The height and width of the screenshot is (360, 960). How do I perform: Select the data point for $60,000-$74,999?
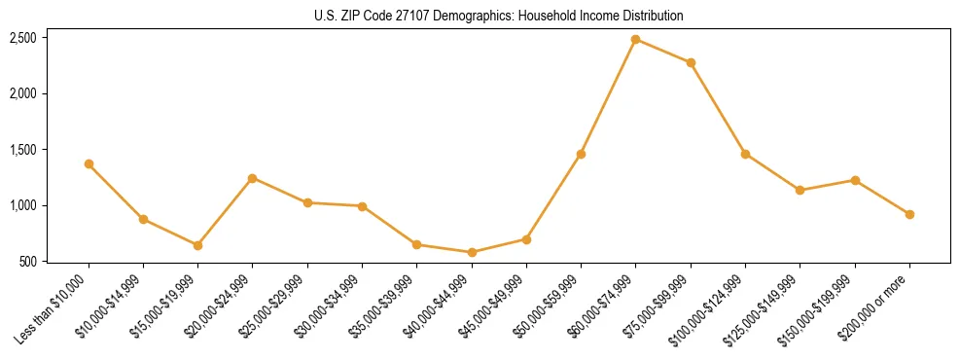pyautogui.click(x=636, y=39)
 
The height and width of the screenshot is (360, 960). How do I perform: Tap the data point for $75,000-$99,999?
pyautogui.click(x=691, y=62)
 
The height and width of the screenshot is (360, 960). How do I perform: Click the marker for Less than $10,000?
pyautogui.click(x=89, y=163)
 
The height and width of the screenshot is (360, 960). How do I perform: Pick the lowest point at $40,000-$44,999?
pyautogui.click(x=472, y=252)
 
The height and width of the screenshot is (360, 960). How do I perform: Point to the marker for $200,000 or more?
pyautogui.click(x=909, y=214)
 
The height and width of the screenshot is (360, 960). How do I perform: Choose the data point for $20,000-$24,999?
pyautogui.click(x=253, y=178)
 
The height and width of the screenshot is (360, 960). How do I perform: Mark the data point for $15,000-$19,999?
pyautogui.click(x=197, y=245)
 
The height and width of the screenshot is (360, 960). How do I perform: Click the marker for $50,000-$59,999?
pyautogui.click(x=581, y=154)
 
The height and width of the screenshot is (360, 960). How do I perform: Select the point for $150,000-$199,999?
pyautogui.click(x=855, y=180)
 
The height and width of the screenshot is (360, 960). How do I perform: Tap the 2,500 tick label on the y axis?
pyautogui.click(x=23, y=38)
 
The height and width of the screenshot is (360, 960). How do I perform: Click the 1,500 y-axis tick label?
pyautogui.click(x=23, y=150)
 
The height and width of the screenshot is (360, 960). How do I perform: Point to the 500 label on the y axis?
pyautogui.click(x=29, y=262)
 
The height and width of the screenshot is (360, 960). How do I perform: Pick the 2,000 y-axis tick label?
pyautogui.click(x=23, y=93)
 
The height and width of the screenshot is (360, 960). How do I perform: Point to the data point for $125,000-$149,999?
pyautogui.click(x=800, y=190)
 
